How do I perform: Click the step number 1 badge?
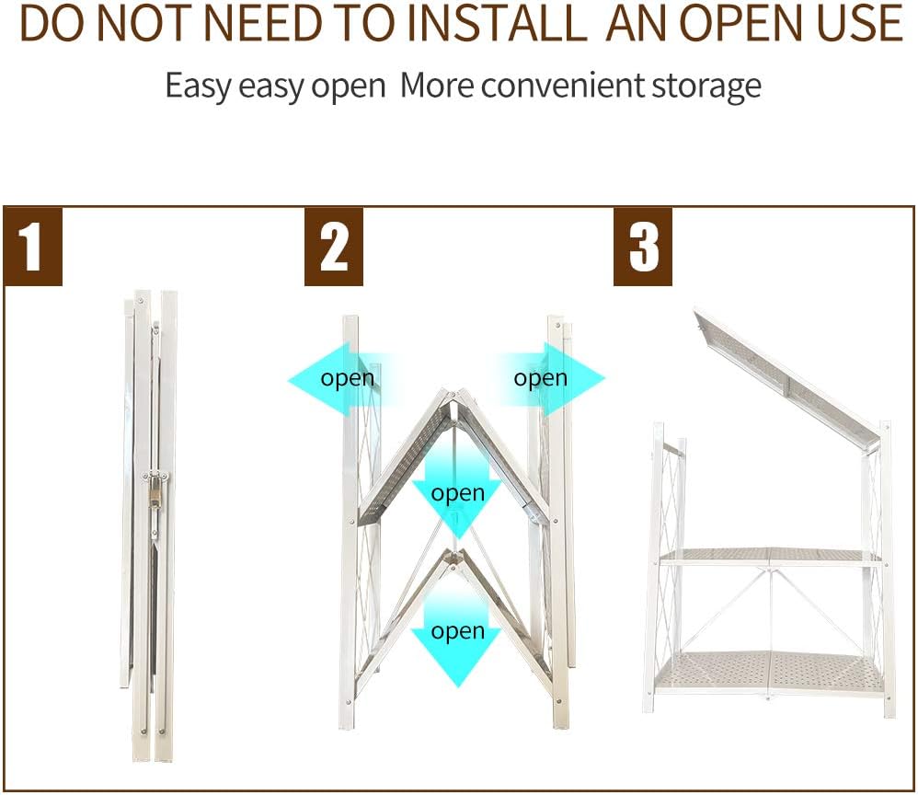(33, 246)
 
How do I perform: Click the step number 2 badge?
(334, 246)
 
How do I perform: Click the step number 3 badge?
(643, 246)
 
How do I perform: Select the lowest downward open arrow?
(456, 633)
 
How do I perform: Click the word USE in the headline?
(860, 23)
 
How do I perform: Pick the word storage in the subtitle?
(706, 86)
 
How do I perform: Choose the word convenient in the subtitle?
(563, 86)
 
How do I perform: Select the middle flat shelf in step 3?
(771, 557)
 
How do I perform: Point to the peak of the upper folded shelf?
(456, 391)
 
